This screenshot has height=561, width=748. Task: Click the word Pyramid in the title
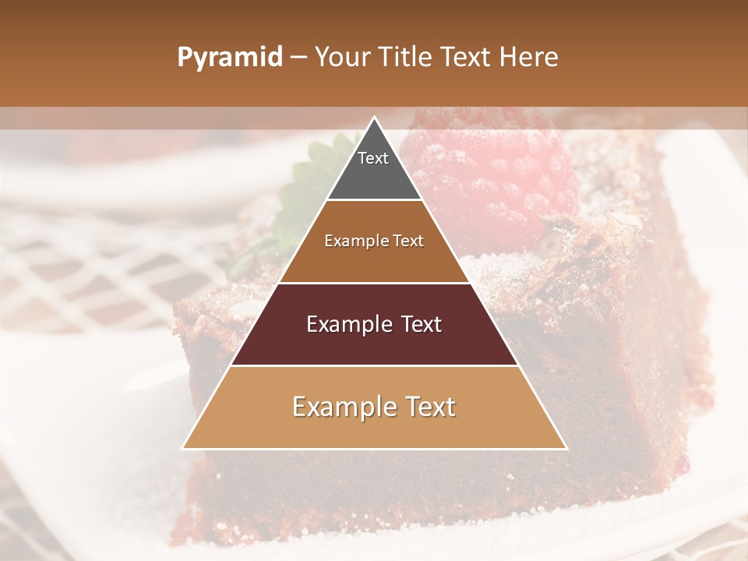[x=229, y=58]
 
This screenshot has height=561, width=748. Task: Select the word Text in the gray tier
[x=373, y=158]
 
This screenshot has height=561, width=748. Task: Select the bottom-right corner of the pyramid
[x=566, y=448]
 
